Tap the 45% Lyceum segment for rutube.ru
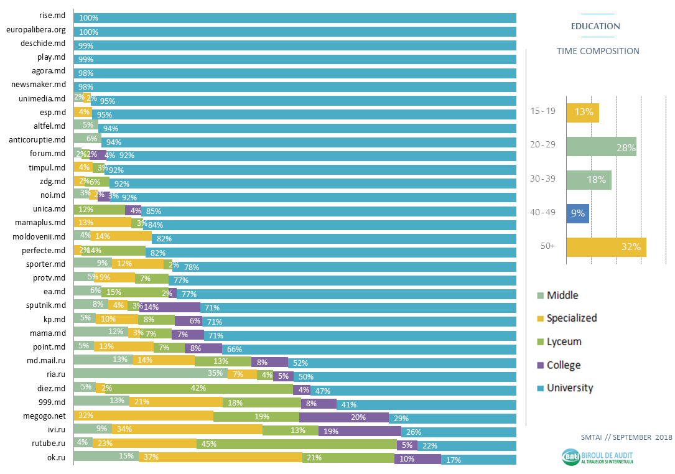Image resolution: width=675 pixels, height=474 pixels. pyautogui.click(x=296, y=444)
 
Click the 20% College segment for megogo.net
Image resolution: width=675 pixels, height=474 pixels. pyautogui.click(x=344, y=417)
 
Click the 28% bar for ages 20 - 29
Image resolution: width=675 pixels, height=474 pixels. pyautogui.click(x=601, y=147)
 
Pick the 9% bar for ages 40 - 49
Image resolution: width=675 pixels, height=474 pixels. pyautogui.click(x=577, y=214)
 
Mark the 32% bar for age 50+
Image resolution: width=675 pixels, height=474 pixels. pyautogui.click(x=606, y=247)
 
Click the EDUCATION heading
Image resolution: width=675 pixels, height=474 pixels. pyautogui.click(x=595, y=26)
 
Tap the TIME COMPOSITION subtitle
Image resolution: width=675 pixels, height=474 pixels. pyautogui.click(x=597, y=51)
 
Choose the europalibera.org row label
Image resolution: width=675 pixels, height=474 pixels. pyautogui.click(x=35, y=30)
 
